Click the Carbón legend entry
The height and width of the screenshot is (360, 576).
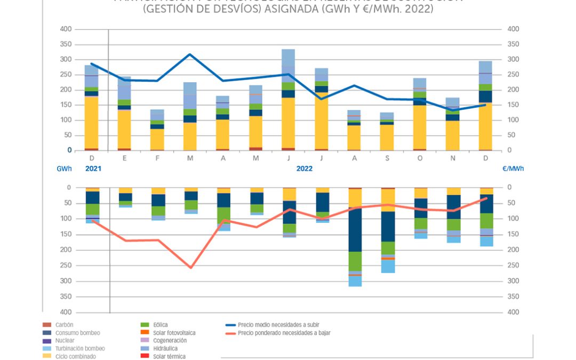tap(65, 324)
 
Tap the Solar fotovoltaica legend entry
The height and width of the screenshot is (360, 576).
tap(170, 332)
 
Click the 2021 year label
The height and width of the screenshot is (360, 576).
tap(93, 169)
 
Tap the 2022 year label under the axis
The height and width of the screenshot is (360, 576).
tap(305, 169)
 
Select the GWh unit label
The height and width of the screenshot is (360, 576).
tap(63, 169)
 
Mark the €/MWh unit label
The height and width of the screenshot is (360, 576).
tap(513, 169)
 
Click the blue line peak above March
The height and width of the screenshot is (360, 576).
tap(190, 54)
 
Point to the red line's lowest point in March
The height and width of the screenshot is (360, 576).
tap(190, 267)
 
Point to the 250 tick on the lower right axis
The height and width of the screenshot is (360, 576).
tap(512, 265)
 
